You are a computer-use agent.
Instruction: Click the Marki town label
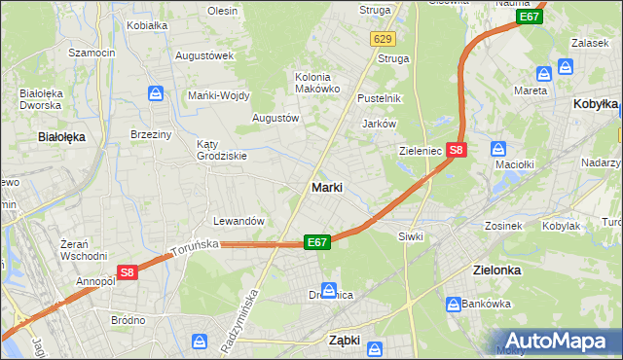[326, 187]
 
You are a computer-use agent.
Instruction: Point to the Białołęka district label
[60, 137]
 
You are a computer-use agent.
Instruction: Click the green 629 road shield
[382, 38]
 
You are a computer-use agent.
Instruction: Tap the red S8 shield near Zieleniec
[458, 150]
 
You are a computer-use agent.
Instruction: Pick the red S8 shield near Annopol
[128, 273]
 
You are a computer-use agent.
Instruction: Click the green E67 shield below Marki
[316, 242]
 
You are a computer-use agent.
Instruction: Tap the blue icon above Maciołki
[498, 149]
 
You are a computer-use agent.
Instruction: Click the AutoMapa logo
[565, 342]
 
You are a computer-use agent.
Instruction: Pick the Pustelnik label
[379, 99]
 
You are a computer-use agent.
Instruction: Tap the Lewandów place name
[239, 221]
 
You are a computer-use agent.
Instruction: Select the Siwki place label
[411, 236]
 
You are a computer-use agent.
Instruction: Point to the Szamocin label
[92, 52]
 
